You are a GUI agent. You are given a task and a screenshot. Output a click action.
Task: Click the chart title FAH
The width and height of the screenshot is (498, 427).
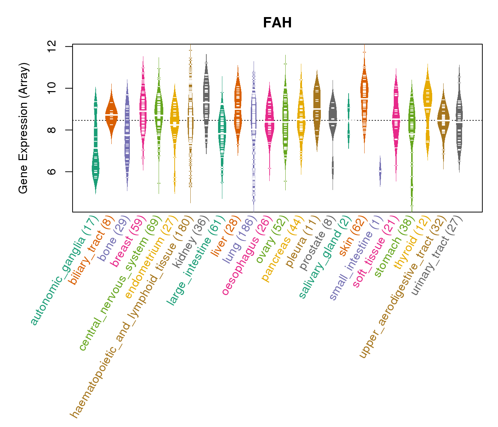[277, 23]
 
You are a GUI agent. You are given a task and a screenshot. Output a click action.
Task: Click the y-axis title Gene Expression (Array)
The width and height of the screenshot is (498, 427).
[23, 128]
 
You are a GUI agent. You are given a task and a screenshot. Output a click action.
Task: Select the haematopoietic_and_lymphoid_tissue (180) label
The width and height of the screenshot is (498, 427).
[132, 317]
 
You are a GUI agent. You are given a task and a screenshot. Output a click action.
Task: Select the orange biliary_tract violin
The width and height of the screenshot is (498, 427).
[111, 114]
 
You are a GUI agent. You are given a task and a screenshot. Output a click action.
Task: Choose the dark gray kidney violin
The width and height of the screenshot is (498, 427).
[206, 103]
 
